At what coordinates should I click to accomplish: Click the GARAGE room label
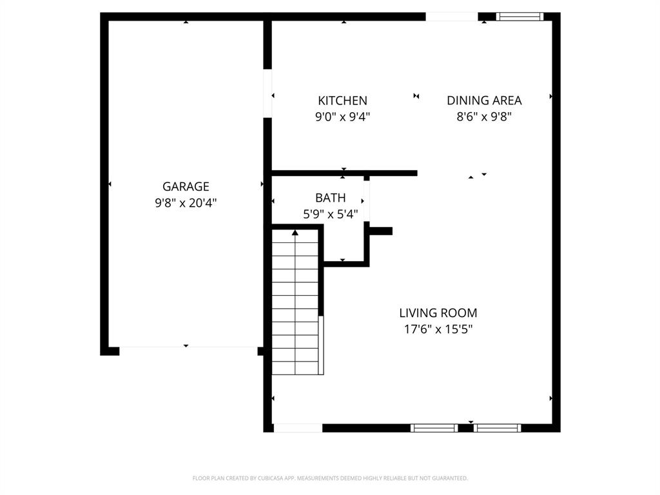(x=186, y=187)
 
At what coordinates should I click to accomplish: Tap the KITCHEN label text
(x=342, y=101)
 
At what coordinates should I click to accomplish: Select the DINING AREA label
(x=484, y=101)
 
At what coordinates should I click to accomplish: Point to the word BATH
(x=330, y=198)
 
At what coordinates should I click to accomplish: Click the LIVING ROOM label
(x=438, y=313)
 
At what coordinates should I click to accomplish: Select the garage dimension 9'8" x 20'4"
(x=186, y=203)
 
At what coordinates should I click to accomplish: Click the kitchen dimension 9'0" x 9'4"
(x=342, y=117)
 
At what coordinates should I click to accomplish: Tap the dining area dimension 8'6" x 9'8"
(x=484, y=117)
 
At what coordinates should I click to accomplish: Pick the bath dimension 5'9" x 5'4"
(x=330, y=214)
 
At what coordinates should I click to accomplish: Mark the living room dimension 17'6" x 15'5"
(x=438, y=329)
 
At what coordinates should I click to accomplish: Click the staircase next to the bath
(x=296, y=303)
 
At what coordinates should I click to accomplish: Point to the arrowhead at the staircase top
(x=295, y=232)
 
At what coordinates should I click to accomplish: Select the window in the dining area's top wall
(x=519, y=17)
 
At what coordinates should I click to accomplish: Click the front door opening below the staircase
(x=298, y=427)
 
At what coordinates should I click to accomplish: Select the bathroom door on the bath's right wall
(x=366, y=202)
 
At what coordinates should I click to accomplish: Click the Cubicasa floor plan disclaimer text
(x=330, y=478)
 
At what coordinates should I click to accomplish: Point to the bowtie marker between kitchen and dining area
(x=416, y=96)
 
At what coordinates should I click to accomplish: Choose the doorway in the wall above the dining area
(x=451, y=17)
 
